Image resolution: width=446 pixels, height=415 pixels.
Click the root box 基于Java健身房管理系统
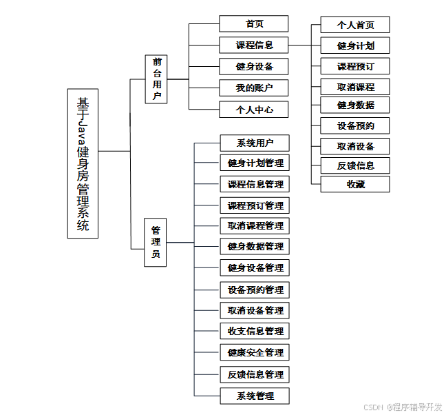pos(83,163)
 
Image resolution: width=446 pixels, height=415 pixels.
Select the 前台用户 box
pos(156,79)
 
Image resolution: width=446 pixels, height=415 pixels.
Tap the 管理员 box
pos(156,242)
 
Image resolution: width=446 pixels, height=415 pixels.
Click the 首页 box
pos(254,23)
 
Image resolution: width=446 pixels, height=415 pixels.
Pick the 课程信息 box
pos(254,45)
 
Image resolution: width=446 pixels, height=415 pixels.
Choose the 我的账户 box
pos(254,88)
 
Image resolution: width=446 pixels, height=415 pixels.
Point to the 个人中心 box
pos(254,109)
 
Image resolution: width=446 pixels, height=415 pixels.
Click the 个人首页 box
pos(355,25)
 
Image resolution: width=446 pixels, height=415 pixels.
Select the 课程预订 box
pos(355,66)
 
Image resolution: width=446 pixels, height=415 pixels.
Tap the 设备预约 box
pos(355,125)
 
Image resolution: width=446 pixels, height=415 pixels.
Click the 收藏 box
pos(355,184)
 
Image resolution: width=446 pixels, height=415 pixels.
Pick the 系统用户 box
pos(255,143)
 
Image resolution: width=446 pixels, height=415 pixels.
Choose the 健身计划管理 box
pos(255,163)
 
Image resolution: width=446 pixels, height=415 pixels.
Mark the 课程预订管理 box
pos(255,205)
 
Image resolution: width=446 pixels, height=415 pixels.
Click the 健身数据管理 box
pos(255,246)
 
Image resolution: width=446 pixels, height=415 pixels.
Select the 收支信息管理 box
pos(255,331)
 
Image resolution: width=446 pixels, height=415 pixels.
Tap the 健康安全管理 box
pos(255,352)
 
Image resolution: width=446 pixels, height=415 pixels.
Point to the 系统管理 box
pos(255,396)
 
